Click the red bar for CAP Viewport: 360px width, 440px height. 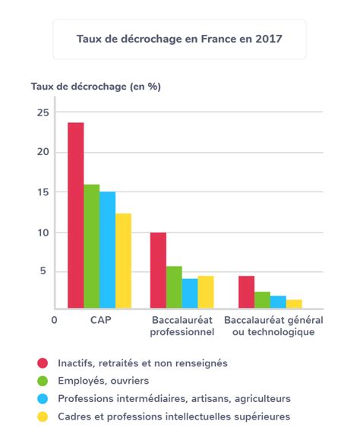tap(76, 216)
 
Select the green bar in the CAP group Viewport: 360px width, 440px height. tap(92, 246)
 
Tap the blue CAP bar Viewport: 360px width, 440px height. tap(107, 250)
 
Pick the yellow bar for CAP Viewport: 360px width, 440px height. tap(123, 261)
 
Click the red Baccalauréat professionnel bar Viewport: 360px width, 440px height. tap(158, 271)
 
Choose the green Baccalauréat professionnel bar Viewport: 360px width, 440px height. tap(174, 287)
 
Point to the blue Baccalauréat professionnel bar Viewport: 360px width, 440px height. tap(190, 293)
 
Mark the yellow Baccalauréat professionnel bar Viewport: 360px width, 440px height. tap(206, 292)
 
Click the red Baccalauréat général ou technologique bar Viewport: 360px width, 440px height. tap(246, 292)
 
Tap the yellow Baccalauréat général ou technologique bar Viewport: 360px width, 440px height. tap(294, 304)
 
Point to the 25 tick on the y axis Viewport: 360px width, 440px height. tap(43, 112)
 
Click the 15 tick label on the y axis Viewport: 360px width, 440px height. tap(43, 192)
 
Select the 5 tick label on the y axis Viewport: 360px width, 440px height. tap(43, 271)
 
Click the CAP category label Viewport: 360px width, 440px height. tap(101, 320)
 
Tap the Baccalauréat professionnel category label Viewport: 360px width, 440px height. tap(182, 326)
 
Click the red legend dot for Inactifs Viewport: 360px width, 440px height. tap(43, 363)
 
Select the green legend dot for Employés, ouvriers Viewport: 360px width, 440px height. tap(43, 381)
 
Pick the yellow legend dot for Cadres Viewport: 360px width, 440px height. tap(43, 416)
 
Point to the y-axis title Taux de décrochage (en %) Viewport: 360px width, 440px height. tap(96, 87)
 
